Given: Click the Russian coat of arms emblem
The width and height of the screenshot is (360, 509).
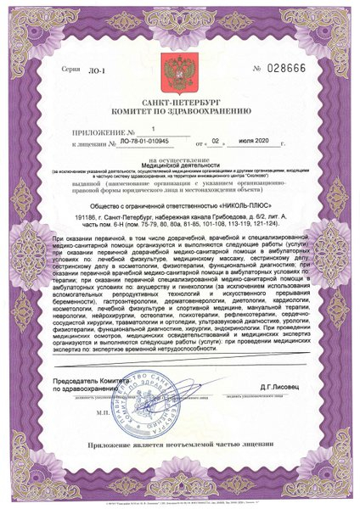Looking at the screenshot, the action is click(179, 67).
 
